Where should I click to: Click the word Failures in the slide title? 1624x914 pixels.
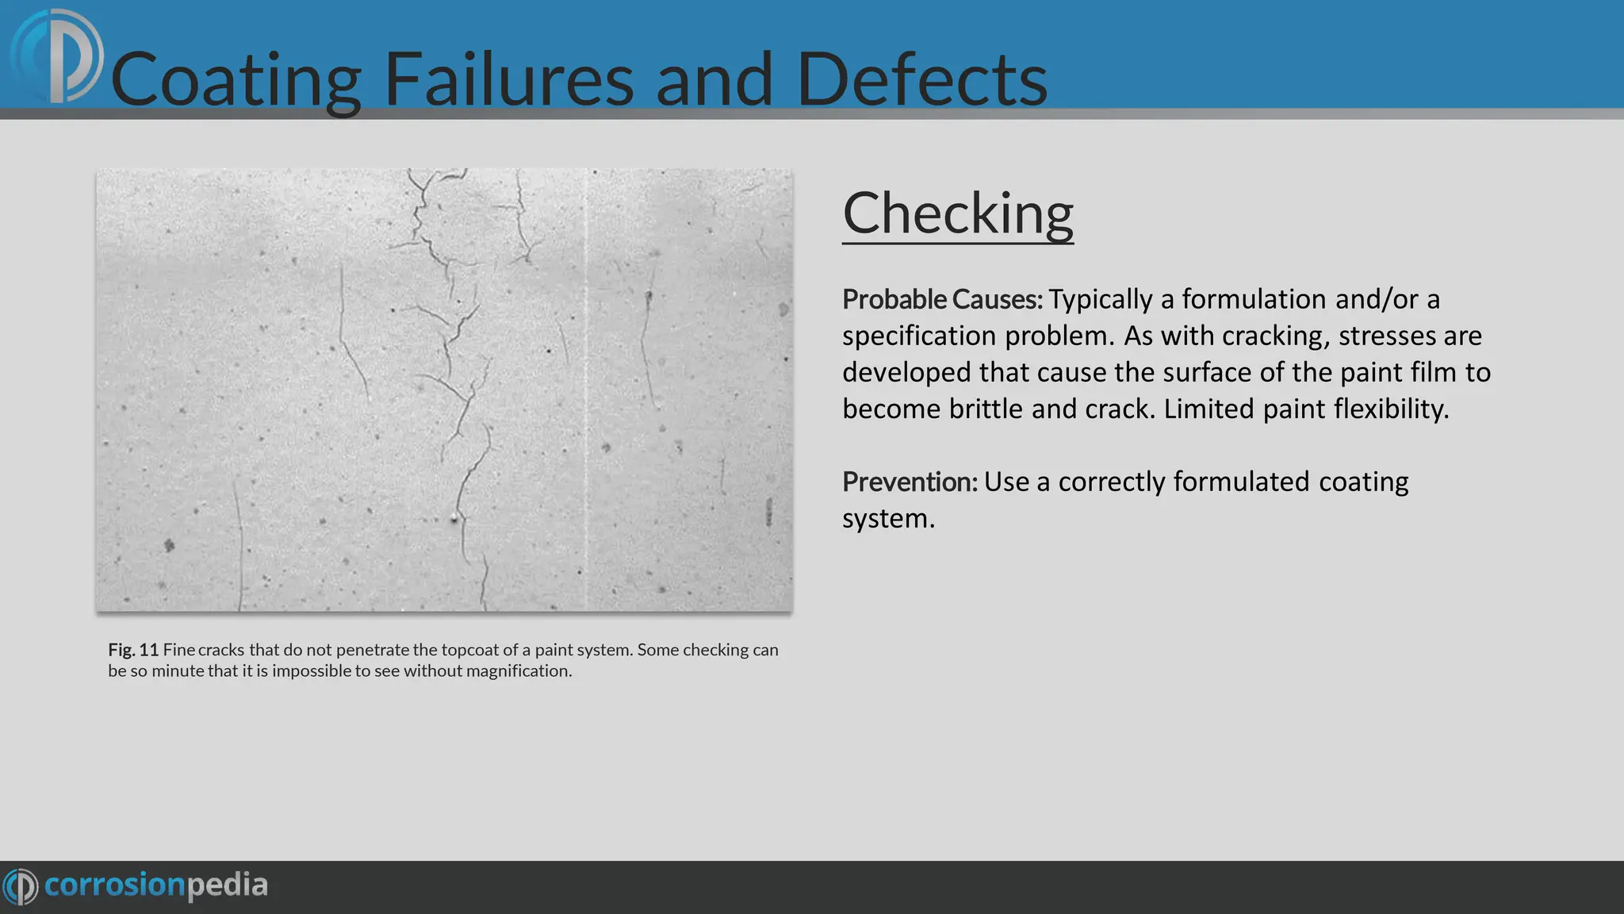(508, 79)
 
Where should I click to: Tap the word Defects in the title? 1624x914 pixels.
(921, 79)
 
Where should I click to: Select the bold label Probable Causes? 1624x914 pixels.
(942, 299)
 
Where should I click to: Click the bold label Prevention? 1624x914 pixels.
(910, 482)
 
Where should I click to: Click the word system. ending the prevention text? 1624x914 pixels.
(888, 518)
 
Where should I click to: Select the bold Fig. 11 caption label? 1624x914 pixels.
(133, 650)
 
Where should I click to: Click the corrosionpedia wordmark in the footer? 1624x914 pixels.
(156, 885)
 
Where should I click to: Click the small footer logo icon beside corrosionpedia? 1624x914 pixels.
(21, 886)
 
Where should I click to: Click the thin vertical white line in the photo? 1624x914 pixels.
(586, 389)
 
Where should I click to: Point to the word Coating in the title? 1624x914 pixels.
(236, 79)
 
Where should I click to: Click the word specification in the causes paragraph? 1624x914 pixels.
(919, 336)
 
